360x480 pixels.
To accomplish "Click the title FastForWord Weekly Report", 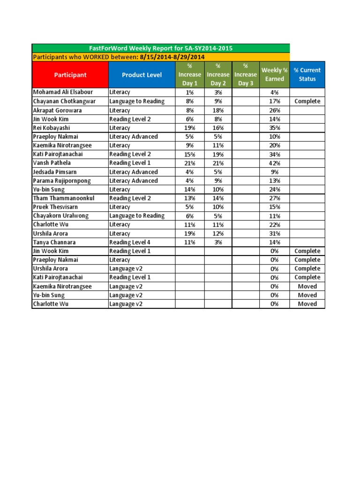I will point(161,48).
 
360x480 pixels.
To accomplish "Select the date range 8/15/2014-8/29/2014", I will point(172,57).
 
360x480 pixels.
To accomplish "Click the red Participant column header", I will point(70,75).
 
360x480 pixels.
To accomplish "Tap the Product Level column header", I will point(142,75).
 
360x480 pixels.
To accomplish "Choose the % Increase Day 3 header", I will point(246,75).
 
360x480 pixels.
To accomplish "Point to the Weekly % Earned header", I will point(275,75).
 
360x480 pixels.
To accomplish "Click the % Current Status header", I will point(307,75).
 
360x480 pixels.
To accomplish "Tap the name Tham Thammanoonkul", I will point(63,198).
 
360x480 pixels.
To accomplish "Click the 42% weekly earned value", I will point(275,163).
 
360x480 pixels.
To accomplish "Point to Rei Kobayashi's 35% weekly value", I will point(275,128).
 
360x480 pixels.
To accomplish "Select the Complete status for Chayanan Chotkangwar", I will point(307,101).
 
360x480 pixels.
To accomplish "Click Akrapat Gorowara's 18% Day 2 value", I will point(218,110).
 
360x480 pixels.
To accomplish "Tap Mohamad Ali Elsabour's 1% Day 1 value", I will point(190,92).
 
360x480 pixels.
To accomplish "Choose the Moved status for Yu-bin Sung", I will point(307,295).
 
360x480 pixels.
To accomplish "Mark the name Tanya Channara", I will point(54,242).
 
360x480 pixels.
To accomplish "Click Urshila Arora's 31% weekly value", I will point(275,233).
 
